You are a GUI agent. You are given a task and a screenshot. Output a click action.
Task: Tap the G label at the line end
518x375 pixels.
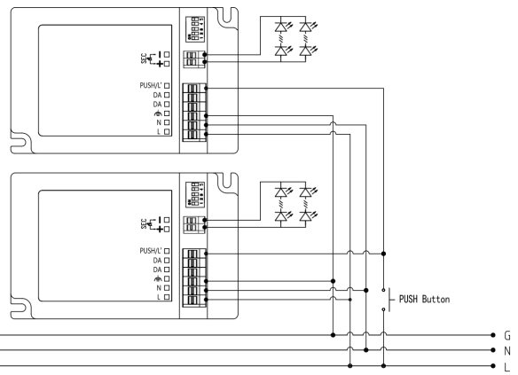pos(508,336)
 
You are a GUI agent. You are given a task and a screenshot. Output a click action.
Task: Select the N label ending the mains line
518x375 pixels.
pos(508,350)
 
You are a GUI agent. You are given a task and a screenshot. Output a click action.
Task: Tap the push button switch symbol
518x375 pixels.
pos(384,299)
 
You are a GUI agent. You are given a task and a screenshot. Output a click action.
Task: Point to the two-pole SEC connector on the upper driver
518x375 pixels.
pos(192,59)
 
